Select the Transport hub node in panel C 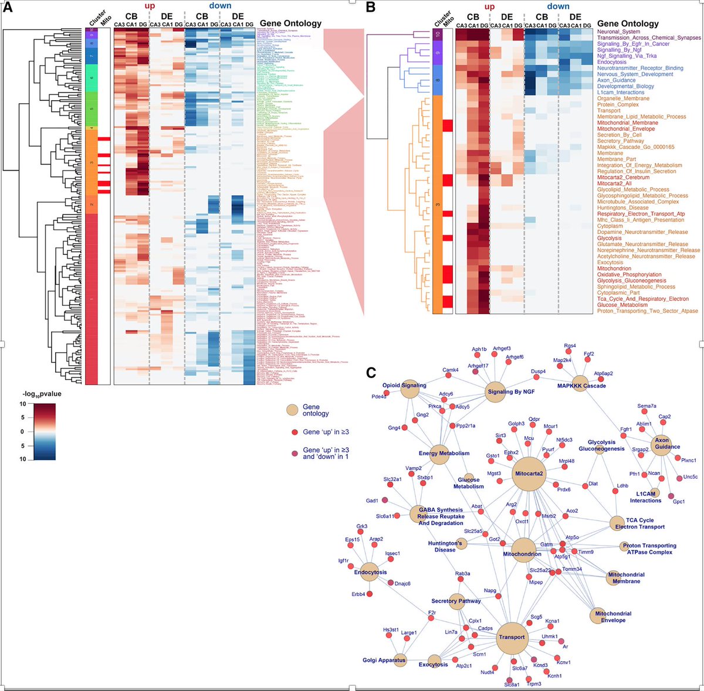[511, 638]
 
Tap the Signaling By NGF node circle [495, 392]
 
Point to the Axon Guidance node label [667, 443]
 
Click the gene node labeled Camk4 [450, 370]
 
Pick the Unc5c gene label [691, 477]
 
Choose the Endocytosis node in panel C [370, 573]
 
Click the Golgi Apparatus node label [384, 661]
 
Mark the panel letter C [370, 372]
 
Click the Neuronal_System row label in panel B [619, 32]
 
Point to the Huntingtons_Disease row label [622, 208]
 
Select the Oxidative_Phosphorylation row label [629, 274]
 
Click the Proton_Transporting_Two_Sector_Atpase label [648, 311]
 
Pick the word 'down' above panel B [558, 6]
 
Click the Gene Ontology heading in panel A [290, 23]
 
